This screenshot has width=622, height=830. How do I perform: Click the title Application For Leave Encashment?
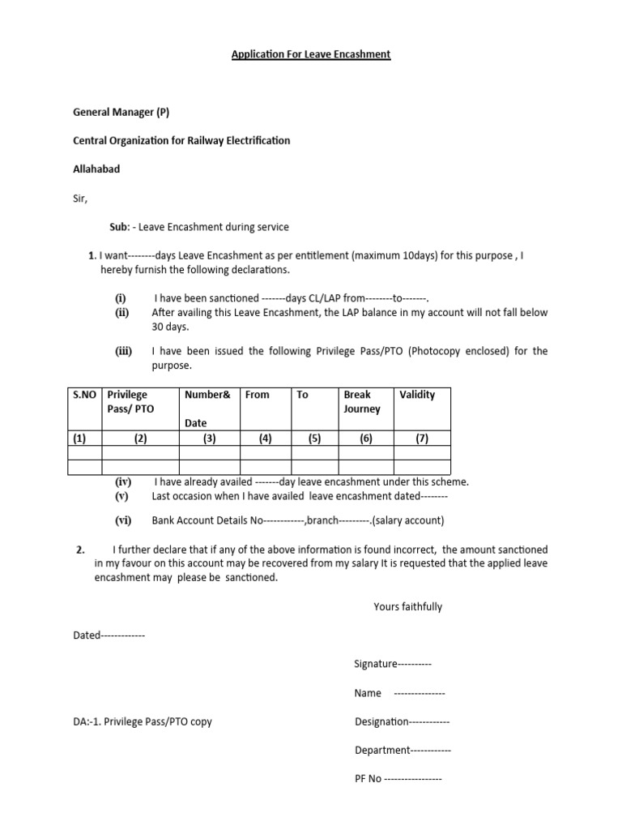[311, 54]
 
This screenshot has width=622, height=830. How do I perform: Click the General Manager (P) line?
[121, 112]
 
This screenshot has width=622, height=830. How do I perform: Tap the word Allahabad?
[96, 169]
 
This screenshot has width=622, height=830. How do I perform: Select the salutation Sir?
[80, 199]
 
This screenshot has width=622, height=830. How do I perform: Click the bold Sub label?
[119, 227]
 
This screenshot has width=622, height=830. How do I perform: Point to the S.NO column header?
[84, 395]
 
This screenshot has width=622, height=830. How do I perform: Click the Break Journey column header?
[362, 402]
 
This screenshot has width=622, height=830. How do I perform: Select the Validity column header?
[417, 395]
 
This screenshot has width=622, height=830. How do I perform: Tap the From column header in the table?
[257, 395]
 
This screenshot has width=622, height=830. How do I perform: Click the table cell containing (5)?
[308, 439]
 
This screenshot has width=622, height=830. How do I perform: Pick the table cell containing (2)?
[140, 439]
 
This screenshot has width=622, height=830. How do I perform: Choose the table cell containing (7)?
[422, 439]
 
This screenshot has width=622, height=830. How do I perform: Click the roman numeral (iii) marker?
[123, 351]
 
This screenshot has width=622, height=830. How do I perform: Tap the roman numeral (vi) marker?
[123, 521]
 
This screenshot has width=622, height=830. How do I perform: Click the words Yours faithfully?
[407, 606]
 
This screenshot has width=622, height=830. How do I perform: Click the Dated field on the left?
[109, 635]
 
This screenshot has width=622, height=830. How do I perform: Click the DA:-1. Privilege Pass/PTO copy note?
[143, 721]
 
